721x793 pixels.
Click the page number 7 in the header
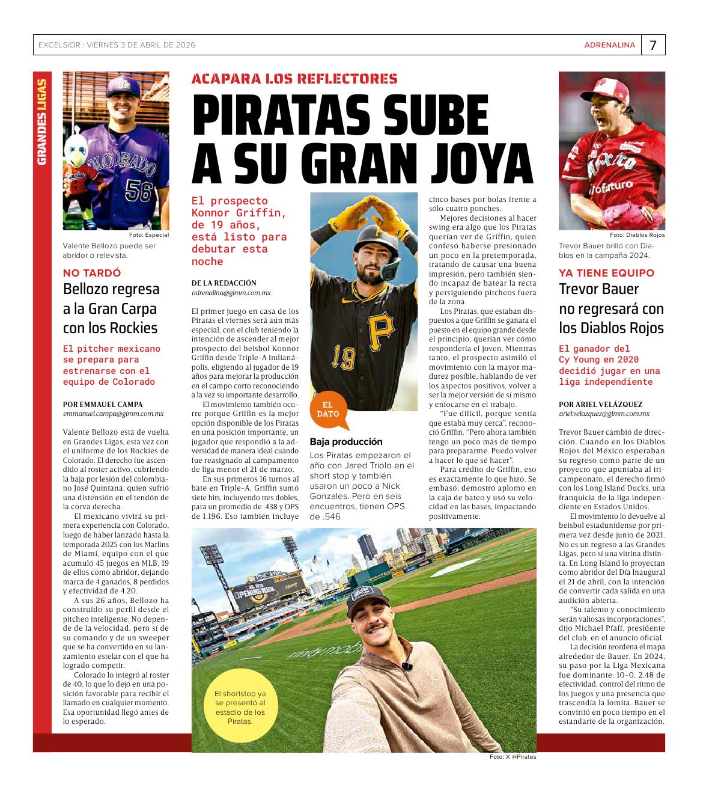653,45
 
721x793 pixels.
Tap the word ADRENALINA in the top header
609,45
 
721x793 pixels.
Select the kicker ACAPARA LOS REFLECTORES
294,79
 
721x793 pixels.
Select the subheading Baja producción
346,442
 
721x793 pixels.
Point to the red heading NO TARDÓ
92,273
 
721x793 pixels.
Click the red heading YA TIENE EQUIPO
607,273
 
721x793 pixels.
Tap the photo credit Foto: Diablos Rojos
637,235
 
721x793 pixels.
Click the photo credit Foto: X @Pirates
513,757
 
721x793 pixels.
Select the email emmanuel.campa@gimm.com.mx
114,414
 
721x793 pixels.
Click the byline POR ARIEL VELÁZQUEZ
601,405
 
